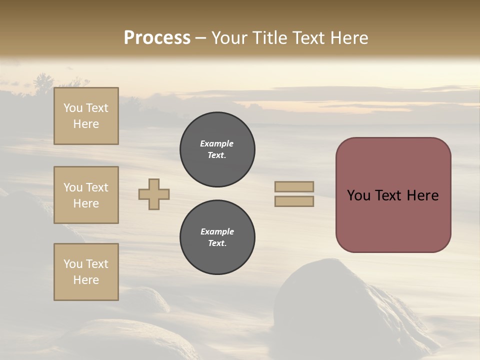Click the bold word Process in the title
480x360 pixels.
(x=157, y=38)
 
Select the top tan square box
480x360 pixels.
(x=86, y=116)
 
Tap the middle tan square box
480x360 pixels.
(x=86, y=195)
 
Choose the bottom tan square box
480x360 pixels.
(x=86, y=272)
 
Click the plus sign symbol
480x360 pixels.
(x=154, y=194)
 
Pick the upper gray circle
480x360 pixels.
(x=217, y=149)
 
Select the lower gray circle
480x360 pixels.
(x=217, y=237)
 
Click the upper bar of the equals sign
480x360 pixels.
(x=294, y=186)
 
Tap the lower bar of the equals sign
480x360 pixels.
(x=294, y=201)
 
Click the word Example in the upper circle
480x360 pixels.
(x=217, y=143)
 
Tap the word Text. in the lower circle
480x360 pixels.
(x=217, y=243)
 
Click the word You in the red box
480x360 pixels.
(x=358, y=195)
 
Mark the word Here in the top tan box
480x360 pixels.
(x=86, y=124)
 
